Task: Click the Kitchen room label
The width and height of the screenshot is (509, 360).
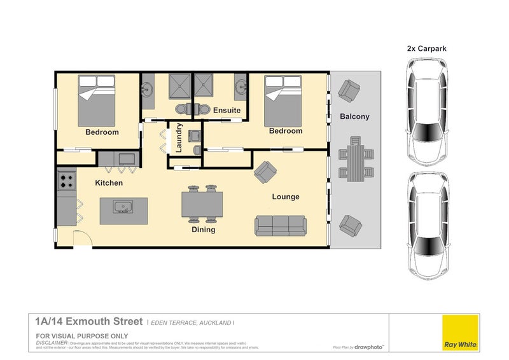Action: click(x=109, y=183)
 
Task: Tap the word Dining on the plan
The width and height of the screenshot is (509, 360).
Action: click(x=203, y=230)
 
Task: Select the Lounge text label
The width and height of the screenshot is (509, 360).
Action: click(x=286, y=197)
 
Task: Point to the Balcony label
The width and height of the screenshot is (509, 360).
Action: click(x=354, y=116)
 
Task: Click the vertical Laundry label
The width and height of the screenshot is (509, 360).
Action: click(x=179, y=137)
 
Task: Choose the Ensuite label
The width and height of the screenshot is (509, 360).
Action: click(x=227, y=110)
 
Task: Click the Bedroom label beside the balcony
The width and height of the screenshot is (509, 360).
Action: click(x=285, y=131)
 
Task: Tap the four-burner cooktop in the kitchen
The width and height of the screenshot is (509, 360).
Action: click(x=66, y=181)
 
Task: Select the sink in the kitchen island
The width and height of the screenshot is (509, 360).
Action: click(x=123, y=207)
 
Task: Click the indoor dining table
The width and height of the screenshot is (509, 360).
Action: click(x=203, y=204)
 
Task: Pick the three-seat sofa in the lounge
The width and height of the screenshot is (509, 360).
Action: click(x=281, y=225)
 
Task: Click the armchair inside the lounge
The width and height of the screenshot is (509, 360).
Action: click(x=265, y=170)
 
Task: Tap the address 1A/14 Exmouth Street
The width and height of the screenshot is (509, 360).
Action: click(x=90, y=323)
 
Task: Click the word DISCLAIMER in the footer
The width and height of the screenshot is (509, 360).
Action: click(x=52, y=342)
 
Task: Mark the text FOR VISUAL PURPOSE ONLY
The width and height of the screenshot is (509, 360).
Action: click(x=82, y=335)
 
